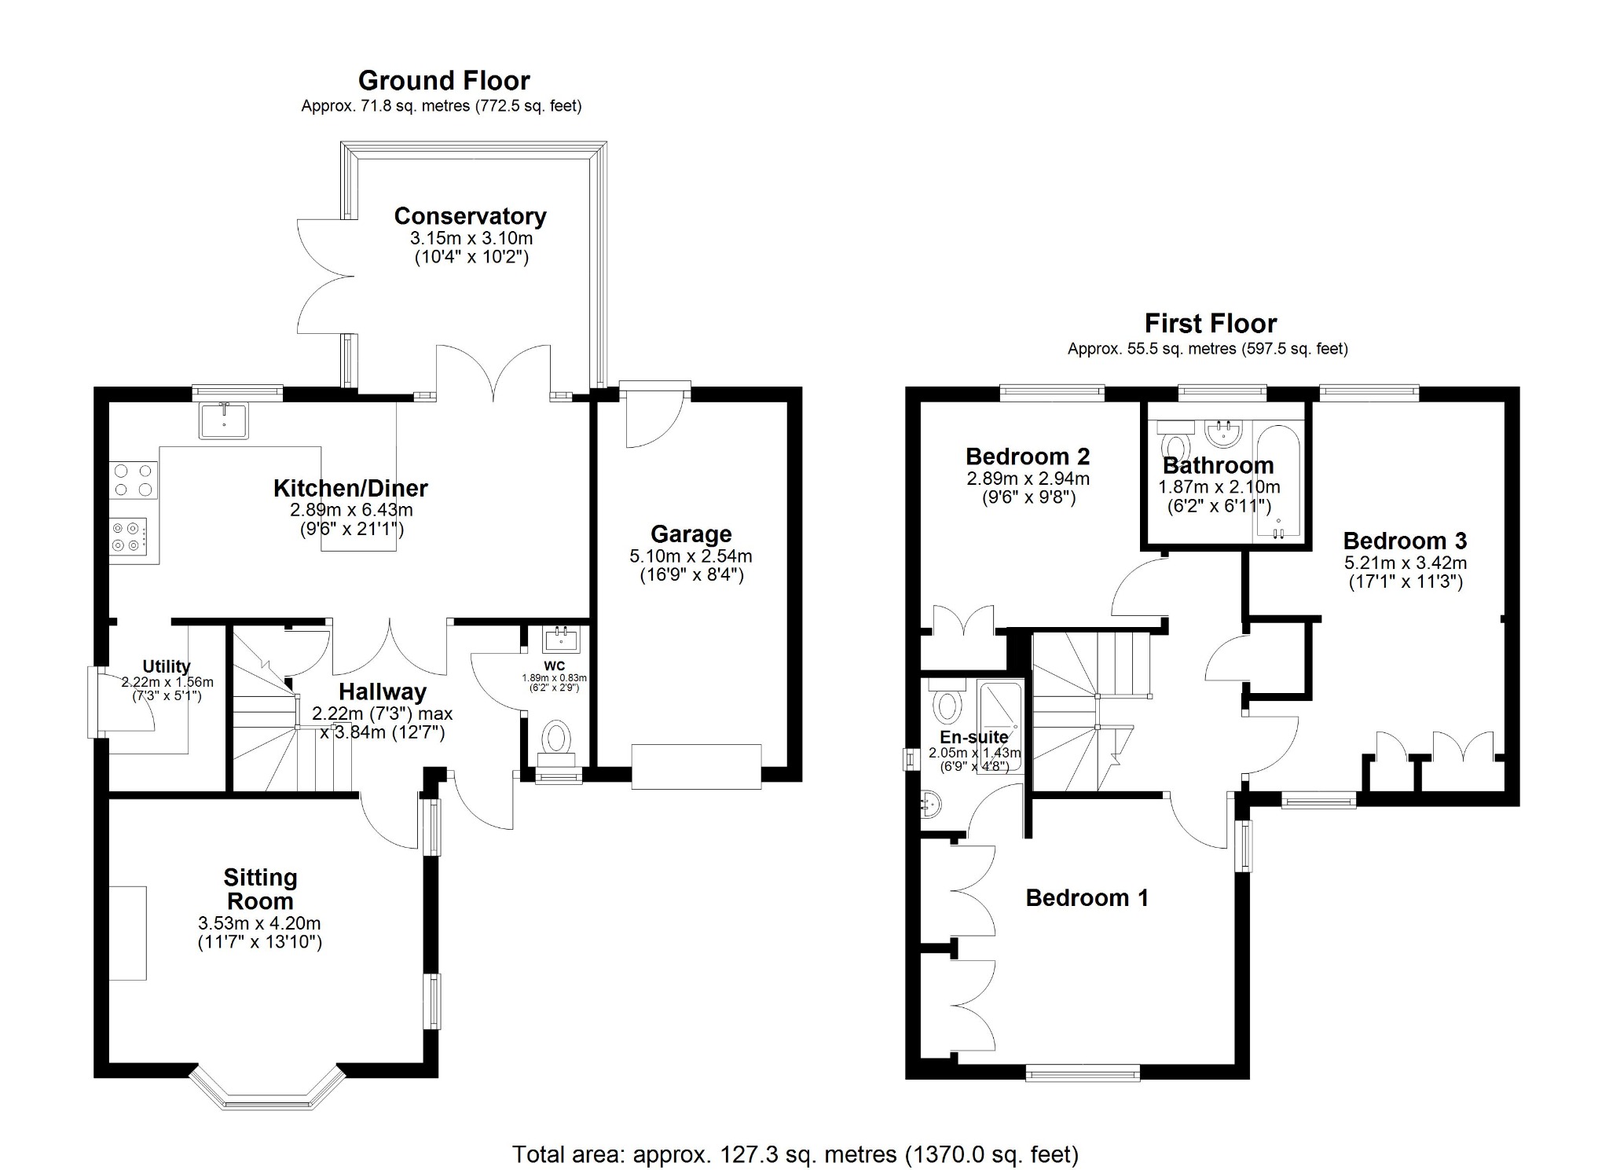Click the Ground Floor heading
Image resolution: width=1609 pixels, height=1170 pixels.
pos(444,80)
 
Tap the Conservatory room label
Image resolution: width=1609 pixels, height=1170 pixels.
pos(470,215)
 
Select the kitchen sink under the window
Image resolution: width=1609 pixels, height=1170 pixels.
pos(223,420)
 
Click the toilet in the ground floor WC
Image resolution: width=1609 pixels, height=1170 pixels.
pos(558,739)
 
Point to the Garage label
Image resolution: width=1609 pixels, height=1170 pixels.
pos(691,534)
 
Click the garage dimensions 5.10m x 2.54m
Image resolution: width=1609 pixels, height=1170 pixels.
pos(691,556)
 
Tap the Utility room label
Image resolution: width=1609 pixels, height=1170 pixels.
pos(166,666)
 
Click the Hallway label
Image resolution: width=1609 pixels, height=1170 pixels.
pos(383,692)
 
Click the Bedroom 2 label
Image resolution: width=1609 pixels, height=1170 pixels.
pos(1027,457)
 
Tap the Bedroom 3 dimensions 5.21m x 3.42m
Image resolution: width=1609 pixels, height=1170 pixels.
pos(1405,563)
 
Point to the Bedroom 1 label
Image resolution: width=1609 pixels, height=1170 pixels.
pos(1087,897)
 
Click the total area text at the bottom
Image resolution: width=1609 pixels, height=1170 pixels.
pos(795,1154)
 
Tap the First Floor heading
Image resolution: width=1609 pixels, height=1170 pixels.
pos(1210,323)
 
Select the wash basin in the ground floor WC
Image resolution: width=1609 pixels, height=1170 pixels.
pos(561,640)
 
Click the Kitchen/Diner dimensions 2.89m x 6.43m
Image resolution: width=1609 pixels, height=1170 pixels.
pos(351,510)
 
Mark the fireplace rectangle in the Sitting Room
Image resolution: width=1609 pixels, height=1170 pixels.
pos(127,933)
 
